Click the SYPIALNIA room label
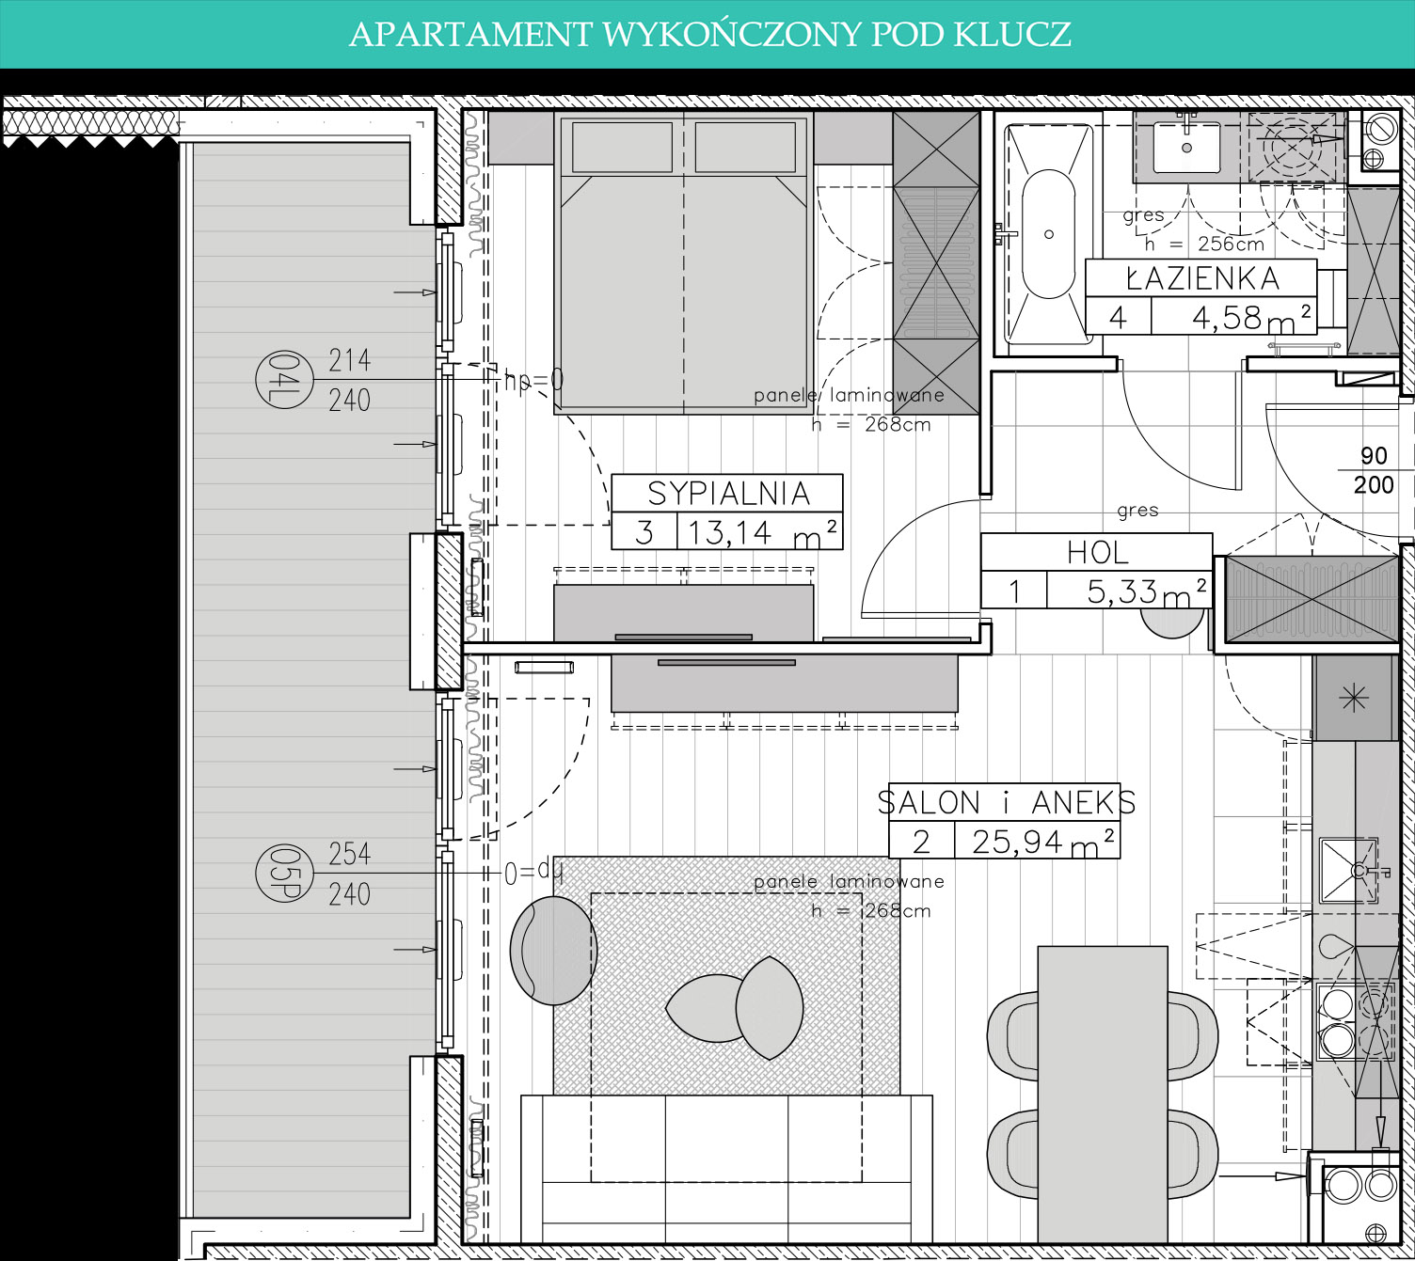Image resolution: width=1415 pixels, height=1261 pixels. pos(728,494)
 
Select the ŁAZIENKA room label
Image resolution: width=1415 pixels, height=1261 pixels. pos(1202,278)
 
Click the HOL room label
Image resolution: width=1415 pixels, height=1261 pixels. pos(1097,553)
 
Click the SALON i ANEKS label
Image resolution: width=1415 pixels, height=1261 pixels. pos(1007,802)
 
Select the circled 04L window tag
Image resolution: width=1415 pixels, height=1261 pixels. pos(284,379)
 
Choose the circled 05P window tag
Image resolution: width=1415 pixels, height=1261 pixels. pos(284,874)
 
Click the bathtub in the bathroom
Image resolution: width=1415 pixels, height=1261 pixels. pos(1048,234)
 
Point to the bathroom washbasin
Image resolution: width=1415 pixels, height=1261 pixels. pos(1186,148)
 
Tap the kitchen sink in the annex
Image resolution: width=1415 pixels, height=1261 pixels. pos(1348,871)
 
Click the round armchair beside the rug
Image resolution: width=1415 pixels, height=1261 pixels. pos(553,951)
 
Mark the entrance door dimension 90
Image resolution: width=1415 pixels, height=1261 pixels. pos(1374,455)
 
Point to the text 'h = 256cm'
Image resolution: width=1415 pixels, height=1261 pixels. pos(1205,244)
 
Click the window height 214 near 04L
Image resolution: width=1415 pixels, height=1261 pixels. pos(349,360)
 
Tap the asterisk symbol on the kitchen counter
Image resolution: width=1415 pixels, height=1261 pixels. pos(1354,698)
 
